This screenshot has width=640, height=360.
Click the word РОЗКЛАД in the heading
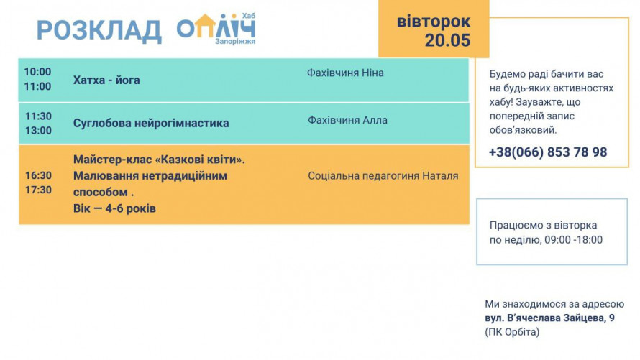click(99, 31)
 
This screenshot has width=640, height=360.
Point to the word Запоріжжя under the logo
click(235, 42)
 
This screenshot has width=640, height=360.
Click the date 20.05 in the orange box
click(447, 40)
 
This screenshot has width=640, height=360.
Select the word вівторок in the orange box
click(434, 22)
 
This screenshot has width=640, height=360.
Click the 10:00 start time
click(37, 72)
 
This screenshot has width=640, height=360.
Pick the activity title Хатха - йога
click(106, 80)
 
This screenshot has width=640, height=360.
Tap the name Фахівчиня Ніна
click(345, 73)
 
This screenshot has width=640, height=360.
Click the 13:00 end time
click(38, 131)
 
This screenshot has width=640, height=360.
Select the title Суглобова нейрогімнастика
click(151, 123)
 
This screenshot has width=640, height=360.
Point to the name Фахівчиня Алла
click(347, 120)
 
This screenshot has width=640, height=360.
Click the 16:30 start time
click(38, 176)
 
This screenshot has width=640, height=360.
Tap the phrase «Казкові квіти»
click(200, 160)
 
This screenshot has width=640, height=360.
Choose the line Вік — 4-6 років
click(114, 209)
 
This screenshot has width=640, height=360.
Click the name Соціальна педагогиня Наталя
click(383, 176)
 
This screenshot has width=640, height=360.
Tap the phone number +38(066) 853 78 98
click(548, 152)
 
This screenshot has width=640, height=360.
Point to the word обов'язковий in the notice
click(523, 130)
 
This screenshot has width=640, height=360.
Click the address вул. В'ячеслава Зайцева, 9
click(550, 318)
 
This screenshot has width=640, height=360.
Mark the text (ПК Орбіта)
click(512, 332)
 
